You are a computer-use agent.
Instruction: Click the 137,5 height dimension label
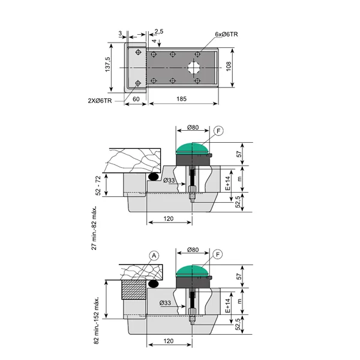(x=107, y=65)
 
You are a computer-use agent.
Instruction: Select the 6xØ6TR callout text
(x=226, y=34)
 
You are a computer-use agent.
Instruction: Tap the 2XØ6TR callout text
(x=100, y=101)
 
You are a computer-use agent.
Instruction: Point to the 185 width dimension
(x=181, y=99)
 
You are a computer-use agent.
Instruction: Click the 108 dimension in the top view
(x=229, y=66)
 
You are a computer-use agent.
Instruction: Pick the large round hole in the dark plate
(x=194, y=67)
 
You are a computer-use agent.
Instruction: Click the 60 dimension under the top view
(x=136, y=99)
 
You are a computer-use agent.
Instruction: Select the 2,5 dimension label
(x=159, y=31)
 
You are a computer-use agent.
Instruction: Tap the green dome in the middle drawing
(x=193, y=148)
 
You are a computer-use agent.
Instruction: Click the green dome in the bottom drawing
(x=193, y=271)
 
